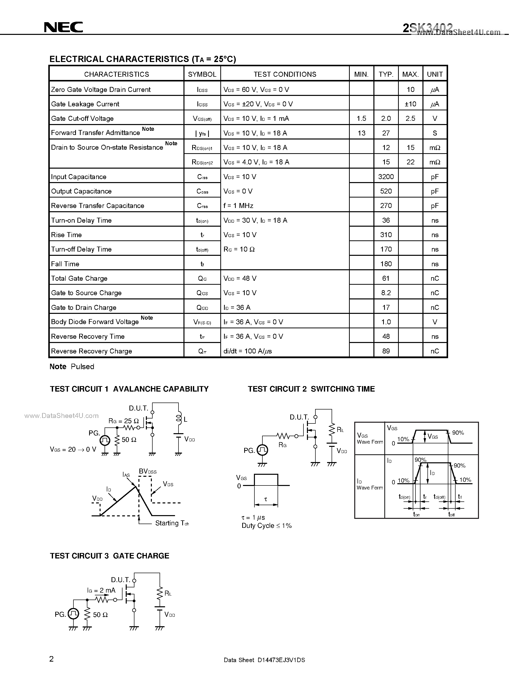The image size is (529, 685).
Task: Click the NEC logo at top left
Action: (x=64, y=27)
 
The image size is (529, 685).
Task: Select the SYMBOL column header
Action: (x=202, y=74)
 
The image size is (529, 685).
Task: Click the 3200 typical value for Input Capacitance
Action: (x=386, y=177)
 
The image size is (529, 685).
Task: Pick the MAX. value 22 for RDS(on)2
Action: (x=410, y=162)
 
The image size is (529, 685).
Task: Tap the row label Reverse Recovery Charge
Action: (x=92, y=351)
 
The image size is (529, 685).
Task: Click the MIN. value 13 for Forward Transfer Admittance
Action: (x=361, y=133)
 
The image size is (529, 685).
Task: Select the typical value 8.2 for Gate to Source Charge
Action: (x=386, y=293)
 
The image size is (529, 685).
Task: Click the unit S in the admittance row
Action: (x=435, y=133)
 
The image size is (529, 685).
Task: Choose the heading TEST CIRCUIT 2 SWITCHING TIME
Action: (x=311, y=389)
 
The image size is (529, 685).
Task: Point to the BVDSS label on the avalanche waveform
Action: (x=148, y=472)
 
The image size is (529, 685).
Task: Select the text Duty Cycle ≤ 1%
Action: (x=266, y=526)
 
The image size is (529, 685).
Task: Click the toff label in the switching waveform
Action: (x=451, y=514)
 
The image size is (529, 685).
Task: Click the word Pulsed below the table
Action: (x=82, y=366)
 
